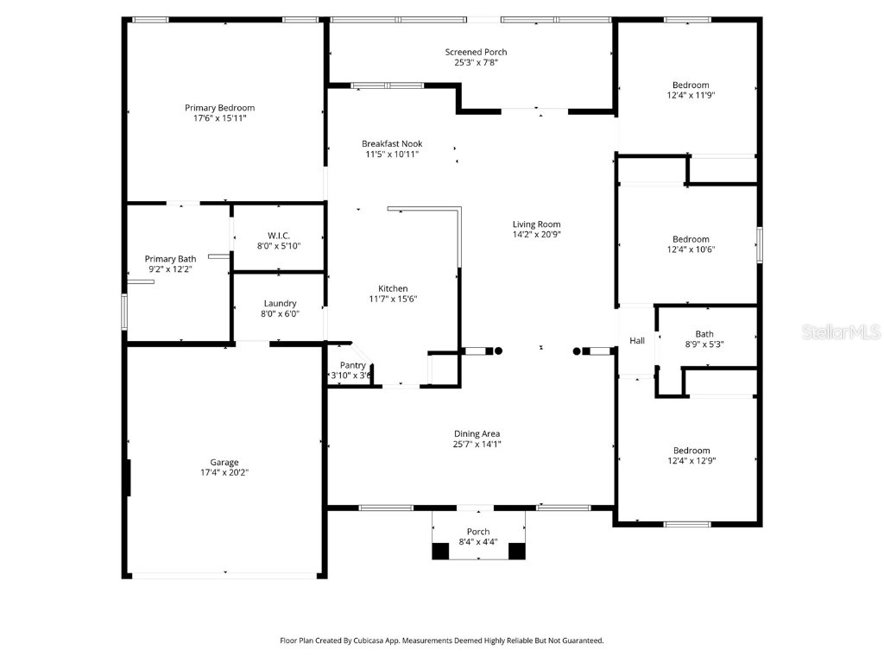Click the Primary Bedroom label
click(x=219, y=108)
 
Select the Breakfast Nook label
click(x=391, y=143)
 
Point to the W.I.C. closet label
click(x=279, y=236)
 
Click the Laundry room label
click(x=280, y=303)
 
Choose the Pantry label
click(x=352, y=365)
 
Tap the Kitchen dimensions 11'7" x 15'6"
click(x=393, y=300)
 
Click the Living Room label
click(x=536, y=224)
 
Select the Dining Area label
click(x=477, y=433)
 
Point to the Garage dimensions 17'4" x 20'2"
click(x=224, y=473)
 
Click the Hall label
click(x=637, y=341)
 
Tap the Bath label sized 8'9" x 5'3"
click(x=704, y=334)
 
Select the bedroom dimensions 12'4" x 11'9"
click(x=691, y=96)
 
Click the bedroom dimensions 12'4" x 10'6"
click(x=691, y=250)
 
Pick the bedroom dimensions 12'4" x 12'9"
click(x=691, y=461)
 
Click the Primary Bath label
click(x=170, y=258)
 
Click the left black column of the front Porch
click(x=441, y=550)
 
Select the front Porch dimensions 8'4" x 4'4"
click(x=477, y=542)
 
